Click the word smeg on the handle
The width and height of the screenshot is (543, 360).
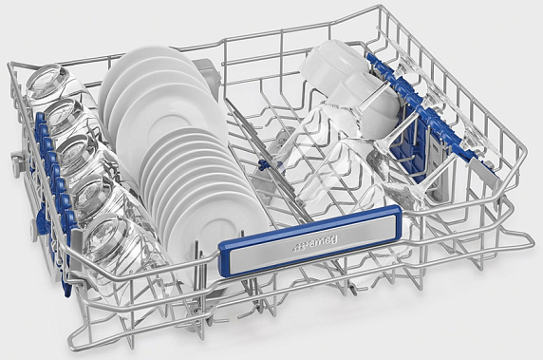pos(321,242)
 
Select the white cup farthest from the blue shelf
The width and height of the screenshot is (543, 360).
pos(332,64)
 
